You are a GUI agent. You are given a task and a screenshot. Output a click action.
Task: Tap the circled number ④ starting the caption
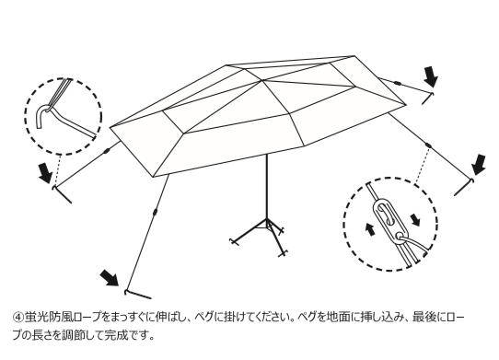click(x=18, y=318)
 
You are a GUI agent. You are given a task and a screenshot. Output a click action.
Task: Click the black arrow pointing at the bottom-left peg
click(x=110, y=277)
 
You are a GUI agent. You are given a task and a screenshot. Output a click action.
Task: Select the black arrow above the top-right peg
click(x=431, y=76)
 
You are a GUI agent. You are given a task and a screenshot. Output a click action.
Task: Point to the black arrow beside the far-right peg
click(x=479, y=165)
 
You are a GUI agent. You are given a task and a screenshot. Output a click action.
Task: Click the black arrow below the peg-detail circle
click(x=45, y=172)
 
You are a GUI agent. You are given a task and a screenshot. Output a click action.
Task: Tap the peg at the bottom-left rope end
click(x=137, y=295)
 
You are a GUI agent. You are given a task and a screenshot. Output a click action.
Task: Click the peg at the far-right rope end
click(x=465, y=187)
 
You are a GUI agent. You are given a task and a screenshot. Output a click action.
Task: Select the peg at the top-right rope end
click(x=428, y=99)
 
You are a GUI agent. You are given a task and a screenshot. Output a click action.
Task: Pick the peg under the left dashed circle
click(x=62, y=194)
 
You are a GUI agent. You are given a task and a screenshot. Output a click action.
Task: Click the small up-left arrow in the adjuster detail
click(x=369, y=229)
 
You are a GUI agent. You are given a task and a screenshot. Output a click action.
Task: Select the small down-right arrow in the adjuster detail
click(x=415, y=220)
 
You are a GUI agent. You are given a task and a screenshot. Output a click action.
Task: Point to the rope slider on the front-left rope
click(x=155, y=212)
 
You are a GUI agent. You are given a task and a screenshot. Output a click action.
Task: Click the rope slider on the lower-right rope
click(x=429, y=145)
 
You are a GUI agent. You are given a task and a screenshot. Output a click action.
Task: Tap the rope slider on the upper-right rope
click(x=397, y=84)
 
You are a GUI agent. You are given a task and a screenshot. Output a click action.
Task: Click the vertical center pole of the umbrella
click(x=267, y=187)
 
